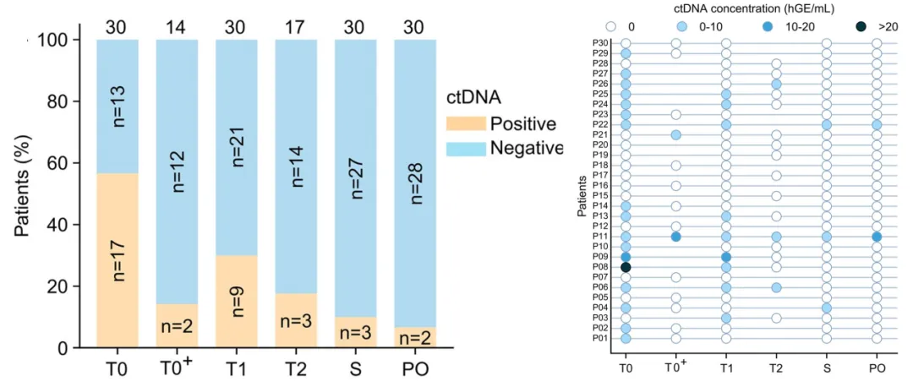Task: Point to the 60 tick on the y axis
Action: point(68,163)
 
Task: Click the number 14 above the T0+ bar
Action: point(177,26)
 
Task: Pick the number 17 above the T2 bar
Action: point(295,26)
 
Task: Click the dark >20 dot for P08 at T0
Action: point(626,267)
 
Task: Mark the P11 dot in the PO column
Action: point(877,237)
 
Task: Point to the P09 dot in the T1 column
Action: point(726,257)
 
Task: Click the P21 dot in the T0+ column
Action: point(676,135)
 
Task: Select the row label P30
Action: point(601,43)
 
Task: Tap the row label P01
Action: point(601,339)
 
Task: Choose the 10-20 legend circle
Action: point(770,26)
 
